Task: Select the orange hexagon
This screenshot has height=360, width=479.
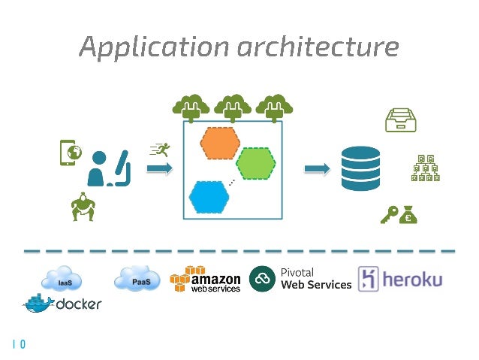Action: pos(219,143)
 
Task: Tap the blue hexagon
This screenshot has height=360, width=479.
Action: pos(209,197)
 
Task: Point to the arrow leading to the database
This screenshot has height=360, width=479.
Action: pos(316,169)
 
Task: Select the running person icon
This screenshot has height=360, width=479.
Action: pos(158,149)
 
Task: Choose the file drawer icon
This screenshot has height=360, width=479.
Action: pos(400,117)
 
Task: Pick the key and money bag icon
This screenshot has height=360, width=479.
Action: pos(398,215)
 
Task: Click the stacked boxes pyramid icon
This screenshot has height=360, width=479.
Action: pos(425,168)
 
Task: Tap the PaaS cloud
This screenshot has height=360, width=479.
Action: pos(136,280)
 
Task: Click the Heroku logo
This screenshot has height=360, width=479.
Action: pos(400,280)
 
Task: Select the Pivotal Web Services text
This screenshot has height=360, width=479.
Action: pos(315,279)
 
